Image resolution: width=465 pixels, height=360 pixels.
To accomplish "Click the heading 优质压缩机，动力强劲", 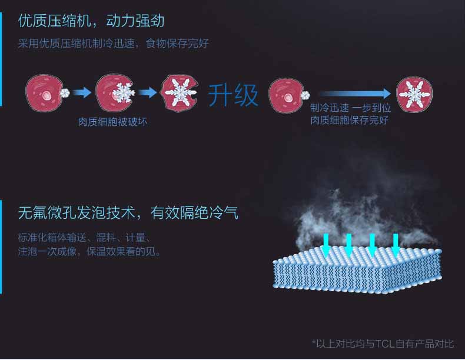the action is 91,21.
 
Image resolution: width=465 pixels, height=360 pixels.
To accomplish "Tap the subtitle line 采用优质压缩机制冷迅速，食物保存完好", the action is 114,44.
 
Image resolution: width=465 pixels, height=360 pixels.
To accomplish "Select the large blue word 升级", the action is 233,95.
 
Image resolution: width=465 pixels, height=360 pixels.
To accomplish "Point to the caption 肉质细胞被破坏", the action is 112,122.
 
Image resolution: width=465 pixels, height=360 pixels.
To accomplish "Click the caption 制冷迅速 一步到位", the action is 351,108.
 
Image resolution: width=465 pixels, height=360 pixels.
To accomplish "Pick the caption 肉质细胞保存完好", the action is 350,120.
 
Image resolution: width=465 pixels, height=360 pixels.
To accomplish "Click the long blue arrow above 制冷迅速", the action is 355,94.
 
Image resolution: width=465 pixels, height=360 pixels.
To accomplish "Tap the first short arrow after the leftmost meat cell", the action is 82,92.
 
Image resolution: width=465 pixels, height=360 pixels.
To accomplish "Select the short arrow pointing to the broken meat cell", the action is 147,92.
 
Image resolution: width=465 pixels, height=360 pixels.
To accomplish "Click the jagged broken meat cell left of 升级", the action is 179,93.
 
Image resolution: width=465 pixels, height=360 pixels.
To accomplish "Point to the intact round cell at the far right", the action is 414,95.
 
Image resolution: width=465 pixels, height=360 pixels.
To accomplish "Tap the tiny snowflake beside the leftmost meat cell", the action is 64,93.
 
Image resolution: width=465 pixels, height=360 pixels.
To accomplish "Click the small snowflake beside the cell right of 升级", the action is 305,95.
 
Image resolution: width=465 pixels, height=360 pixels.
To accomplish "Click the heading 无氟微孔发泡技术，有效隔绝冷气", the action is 128,213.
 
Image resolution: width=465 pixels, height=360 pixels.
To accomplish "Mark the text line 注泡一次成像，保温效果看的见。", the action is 89,252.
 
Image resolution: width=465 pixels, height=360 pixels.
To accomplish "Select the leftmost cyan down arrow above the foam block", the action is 326,245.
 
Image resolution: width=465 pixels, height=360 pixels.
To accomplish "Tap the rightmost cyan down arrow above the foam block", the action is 396,245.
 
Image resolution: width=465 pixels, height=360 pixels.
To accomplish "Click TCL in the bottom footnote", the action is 385,344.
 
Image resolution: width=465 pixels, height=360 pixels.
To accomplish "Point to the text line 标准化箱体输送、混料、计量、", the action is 85,238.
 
